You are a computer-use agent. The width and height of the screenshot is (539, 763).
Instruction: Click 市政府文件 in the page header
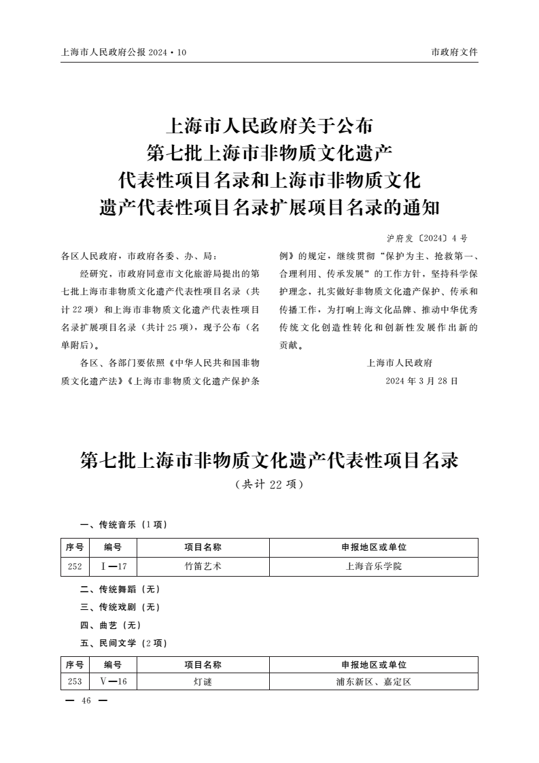coord(454,52)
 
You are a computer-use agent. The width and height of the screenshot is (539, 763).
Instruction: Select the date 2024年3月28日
coord(421,381)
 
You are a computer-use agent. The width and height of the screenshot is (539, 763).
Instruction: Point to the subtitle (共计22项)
coord(269,485)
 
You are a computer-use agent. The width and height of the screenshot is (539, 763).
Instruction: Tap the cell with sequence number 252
coord(75,566)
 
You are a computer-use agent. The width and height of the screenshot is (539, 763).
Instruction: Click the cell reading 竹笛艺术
coord(203,566)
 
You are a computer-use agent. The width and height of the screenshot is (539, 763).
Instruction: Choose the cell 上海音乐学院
coord(374,566)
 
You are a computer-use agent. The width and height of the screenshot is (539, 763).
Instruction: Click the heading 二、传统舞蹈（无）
coord(120,589)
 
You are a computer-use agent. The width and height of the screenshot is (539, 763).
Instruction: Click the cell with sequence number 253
coord(75,681)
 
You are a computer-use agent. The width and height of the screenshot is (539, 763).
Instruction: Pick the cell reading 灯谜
coord(203,681)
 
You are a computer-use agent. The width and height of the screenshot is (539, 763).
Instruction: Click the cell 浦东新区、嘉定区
coord(374,681)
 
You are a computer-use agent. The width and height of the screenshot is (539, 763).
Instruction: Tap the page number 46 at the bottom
coord(86,701)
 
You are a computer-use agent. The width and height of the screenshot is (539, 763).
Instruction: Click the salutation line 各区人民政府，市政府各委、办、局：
coord(139,257)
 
